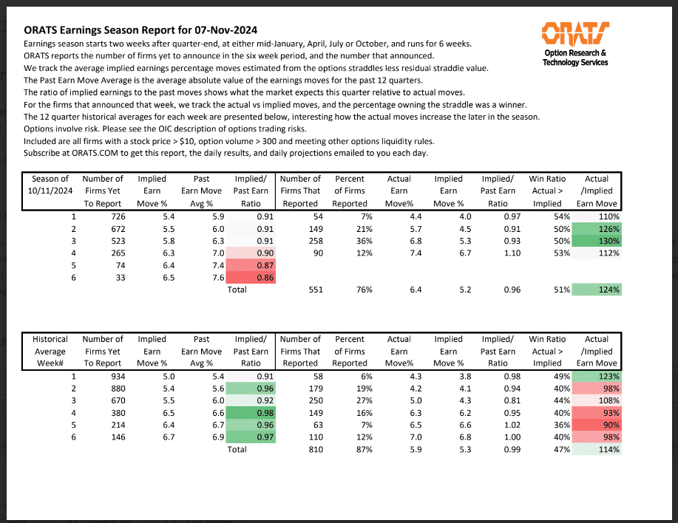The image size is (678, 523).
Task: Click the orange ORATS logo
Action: pyautogui.click(x=575, y=33)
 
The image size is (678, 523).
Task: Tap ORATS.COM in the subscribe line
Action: pyautogui.click(x=95, y=154)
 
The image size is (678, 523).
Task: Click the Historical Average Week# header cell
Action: pyautogui.click(x=50, y=351)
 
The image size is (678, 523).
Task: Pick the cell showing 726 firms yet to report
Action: pyautogui.click(x=118, y=216)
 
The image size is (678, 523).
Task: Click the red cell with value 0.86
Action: pyautogui.click(x=251, y=278)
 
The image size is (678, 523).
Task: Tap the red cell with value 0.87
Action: pyautogui.click(x=251, y=266)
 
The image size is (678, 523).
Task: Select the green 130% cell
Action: pyautogui.click(x=597, y=241)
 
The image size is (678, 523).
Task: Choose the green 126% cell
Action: pyautogui.click(x=597, y=229)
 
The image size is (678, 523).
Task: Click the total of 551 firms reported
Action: pyautogui.click(x=316, y=290)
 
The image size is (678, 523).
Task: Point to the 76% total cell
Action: pyautogui.click(x=364, y=290)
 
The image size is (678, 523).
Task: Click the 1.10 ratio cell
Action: pyautogui.click(x=512, y=253)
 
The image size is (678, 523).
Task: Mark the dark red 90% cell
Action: pyautogui.click(x=597, y=425)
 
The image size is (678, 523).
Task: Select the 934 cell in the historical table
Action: pyautogui.click(x=118, y=377)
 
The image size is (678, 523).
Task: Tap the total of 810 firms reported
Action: pyautogui.click(x=316, y=450)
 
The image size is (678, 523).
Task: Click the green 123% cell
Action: pyautogui.click(x=597, y=377)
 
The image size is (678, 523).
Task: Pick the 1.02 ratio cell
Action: pyautogui.click(x=512, y=425)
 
